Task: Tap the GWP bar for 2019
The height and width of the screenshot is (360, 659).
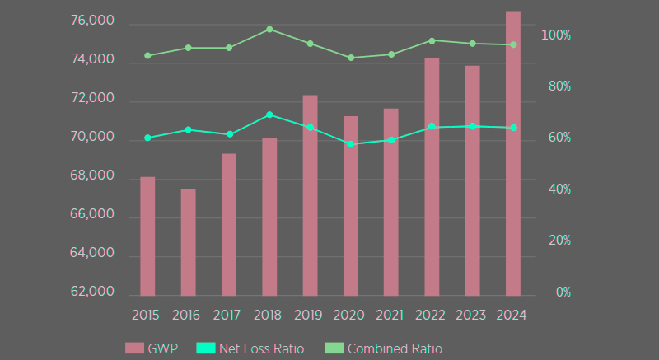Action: coord(310,195)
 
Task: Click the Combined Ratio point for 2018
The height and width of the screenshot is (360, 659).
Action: coord(269,30)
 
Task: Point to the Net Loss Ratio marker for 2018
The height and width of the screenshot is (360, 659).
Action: coord(269,115)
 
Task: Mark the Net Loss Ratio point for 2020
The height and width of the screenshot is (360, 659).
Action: coord(350,144)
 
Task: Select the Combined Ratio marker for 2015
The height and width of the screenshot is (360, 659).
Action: coord(147,56)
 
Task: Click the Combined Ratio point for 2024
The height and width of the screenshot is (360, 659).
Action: coord(512,44)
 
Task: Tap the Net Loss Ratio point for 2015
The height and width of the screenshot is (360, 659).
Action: coord(147,138)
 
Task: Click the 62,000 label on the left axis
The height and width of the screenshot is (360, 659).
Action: coord(92,292)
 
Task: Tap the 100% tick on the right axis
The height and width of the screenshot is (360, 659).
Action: coord(556,35)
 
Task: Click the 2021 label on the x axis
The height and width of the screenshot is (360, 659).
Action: coord(390,315)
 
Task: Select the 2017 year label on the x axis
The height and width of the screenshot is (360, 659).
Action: coord(227,315)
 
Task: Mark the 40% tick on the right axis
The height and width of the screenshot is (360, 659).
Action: coord(558,189)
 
